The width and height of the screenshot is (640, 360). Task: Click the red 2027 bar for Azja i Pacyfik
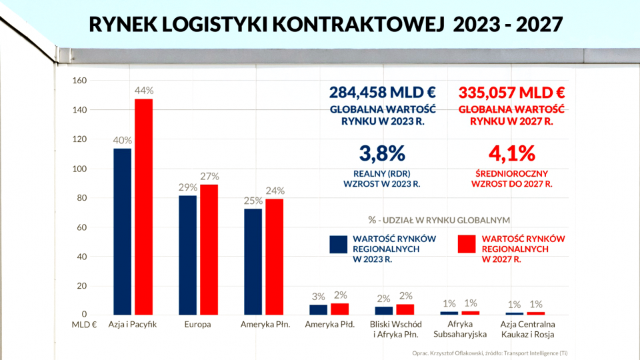[143, 207]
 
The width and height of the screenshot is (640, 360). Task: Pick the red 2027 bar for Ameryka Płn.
[274, 257]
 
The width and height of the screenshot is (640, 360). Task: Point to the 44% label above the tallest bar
[144, 90]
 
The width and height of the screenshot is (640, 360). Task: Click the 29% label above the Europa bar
[187, 187]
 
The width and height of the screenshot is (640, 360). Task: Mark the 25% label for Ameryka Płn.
[253, 201]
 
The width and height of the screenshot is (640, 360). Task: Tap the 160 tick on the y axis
[79, 81]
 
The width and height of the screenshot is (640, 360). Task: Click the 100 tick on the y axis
[79, 169]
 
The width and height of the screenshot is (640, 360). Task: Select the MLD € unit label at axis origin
[84, 325]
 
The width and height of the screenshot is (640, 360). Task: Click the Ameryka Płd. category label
[329, 325]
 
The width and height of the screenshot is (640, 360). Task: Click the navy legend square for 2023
[339, 244]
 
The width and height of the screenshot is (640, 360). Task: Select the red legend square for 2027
[469, 244]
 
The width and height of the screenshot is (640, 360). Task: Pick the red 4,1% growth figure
[512, 153]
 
